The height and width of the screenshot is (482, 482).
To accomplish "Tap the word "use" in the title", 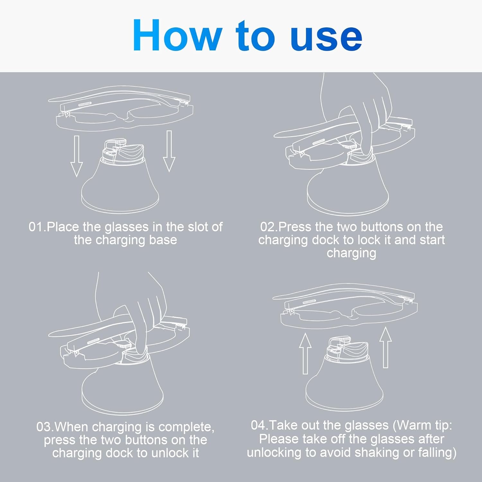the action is (326, 38).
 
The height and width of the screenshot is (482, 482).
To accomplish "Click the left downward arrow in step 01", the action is (76, 156).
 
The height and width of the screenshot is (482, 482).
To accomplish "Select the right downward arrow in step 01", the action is (169, 151).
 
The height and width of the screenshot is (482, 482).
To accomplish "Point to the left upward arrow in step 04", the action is (305, 353).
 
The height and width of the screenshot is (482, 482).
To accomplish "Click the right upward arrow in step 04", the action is (386, 347).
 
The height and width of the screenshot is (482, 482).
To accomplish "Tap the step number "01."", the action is (37, 227).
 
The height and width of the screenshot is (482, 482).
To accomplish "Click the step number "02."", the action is (269, 227).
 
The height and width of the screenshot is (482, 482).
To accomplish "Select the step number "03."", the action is (45, 427).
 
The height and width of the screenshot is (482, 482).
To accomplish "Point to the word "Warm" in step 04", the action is (413, 425).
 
